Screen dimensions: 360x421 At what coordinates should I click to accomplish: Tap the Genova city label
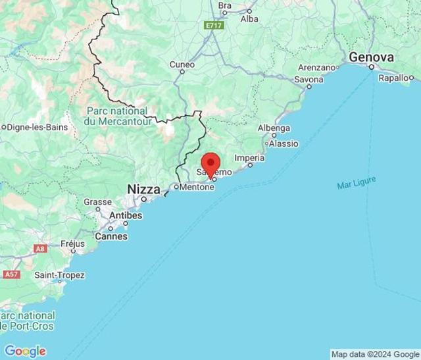[x=372, y=58]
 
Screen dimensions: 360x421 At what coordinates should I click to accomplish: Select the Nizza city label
[x=143, y=189]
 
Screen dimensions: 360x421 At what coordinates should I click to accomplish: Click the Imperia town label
[x=250, y=158]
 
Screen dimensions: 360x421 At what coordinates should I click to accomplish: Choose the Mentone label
[x=197, y=188]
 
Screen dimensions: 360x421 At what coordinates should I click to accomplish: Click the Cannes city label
[x=111, y=236]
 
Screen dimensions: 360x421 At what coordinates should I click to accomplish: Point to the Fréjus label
[x=72, y=243]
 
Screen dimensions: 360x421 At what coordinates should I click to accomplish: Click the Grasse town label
[x=97, y=202]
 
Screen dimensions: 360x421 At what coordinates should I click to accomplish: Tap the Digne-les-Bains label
[x=36, y=126]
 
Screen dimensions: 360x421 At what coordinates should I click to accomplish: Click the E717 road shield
[x=212, y=25]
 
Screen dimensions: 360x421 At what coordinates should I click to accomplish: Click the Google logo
[x=25, y=351]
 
